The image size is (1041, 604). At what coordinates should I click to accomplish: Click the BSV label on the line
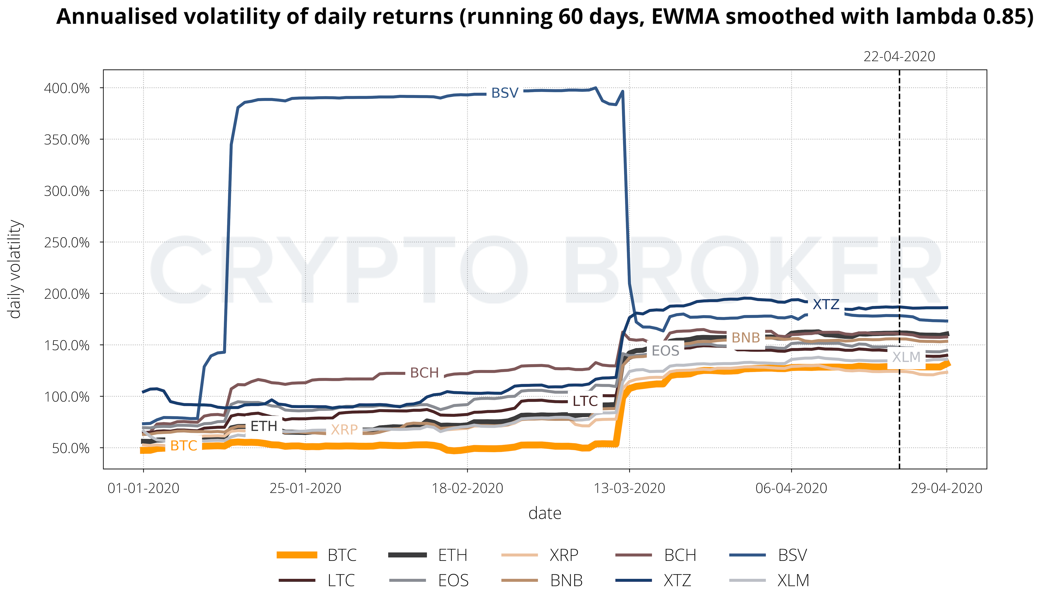click(504, 93)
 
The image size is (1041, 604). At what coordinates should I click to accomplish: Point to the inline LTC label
click(585, 401)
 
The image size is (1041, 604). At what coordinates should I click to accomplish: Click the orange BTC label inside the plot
click(183, 445)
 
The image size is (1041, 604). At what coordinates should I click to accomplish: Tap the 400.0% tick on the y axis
click(66, 88)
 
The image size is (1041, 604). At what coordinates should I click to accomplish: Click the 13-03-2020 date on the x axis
click(629, 488)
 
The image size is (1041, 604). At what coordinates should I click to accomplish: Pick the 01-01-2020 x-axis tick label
click(143, 488)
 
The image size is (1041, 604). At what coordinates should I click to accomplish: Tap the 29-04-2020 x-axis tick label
click(946, 488)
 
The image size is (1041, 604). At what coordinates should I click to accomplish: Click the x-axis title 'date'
click(544, 513)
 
